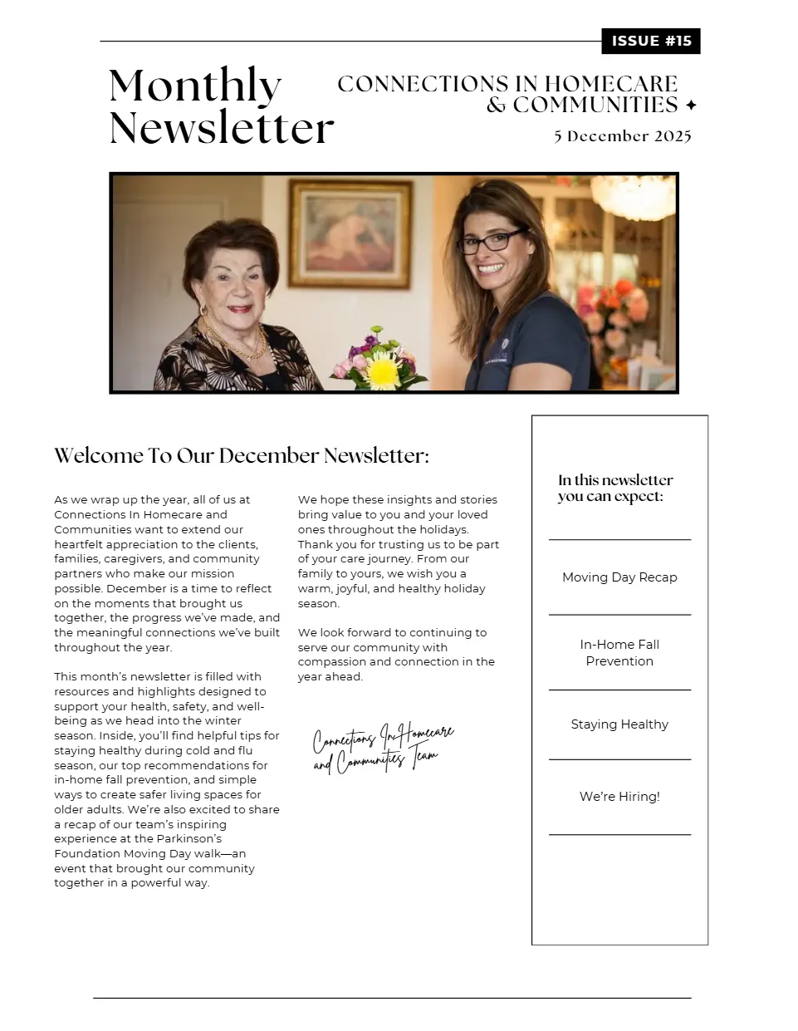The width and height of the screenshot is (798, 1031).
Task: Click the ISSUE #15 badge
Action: tap(651, 42)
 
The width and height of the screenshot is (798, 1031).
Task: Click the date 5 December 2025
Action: tap(623, 136)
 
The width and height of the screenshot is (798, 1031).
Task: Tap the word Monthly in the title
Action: tap(195, 86)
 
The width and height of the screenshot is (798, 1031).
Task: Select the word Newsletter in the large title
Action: tap(221, 128)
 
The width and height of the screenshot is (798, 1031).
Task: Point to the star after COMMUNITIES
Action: tap(691, 106)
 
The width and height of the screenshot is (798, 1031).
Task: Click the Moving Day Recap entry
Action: tap(619, 577)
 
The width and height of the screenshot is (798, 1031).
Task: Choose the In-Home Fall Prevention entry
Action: tap(619, 652)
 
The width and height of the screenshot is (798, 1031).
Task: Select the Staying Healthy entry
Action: tap(619, 724)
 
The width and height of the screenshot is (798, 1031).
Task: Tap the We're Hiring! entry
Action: tap(619, 797)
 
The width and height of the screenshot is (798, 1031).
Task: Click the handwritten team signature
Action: tap(383, 748)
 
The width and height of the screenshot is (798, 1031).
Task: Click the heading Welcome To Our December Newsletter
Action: tap(242, 456)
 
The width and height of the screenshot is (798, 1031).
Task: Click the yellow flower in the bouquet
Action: tap(383, 371)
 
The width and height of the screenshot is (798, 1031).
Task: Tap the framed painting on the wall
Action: tap(350, 233)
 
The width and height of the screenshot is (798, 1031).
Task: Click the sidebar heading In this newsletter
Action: tap(615, 488)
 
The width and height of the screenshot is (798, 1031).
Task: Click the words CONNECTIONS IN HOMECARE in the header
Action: tap(507, 84)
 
